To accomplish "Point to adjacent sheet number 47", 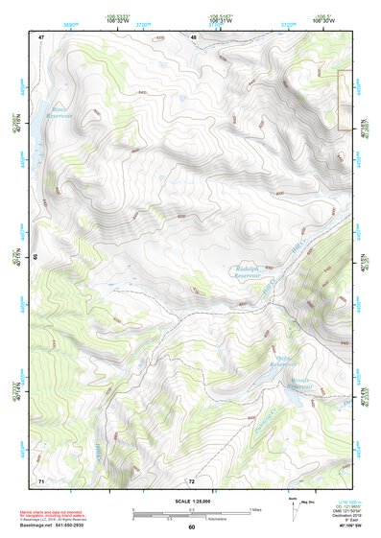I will tap(41, 36).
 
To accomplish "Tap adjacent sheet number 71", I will tap(41, 479).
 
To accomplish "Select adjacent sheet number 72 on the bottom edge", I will tap(192, 480).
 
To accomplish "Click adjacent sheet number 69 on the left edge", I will tap(36, 257).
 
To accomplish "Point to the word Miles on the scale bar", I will tap(255, 510).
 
